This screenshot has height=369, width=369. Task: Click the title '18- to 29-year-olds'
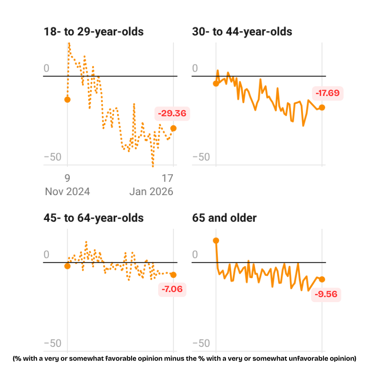[x=93, y=32]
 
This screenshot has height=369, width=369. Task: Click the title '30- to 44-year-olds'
[x=242, y=32]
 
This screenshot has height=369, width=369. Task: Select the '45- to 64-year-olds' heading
[x=93, y=218]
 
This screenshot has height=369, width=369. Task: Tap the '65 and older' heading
[x=224, y=218]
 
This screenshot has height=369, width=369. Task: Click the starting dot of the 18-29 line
[x=68, y=100]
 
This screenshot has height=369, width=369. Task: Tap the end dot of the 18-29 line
[x=173, y=128]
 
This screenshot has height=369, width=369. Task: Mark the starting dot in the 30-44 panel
[x=216, y=83]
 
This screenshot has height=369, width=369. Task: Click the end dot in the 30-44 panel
[x=322, y=107]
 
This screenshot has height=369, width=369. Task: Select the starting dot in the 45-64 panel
[x=68, y=266]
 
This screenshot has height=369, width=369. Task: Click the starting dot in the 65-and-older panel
[x=216, y=240]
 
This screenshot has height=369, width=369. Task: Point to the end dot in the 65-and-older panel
[x=322, y=280]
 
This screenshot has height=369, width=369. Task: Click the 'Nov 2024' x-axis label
[x=67, y=191]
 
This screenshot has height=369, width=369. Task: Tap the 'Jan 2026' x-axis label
[x=151, y=191]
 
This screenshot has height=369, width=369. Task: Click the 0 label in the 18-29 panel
[x=46, y=69]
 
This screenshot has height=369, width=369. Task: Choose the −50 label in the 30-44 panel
[x=201, y=157]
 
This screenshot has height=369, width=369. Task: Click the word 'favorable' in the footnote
[x=138, y=358]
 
